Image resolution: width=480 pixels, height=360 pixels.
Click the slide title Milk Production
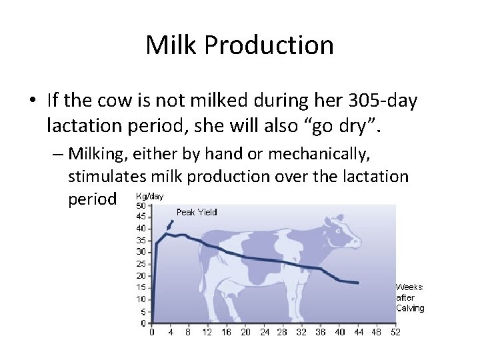[x=239, y=45]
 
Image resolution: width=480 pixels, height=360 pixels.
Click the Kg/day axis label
[x=149, y=197]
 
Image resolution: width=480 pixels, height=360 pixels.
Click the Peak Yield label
[x=197, y=212]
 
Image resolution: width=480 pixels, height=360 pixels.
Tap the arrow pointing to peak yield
[x=169, y=225]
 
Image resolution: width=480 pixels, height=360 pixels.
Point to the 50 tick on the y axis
[x=141, y=205]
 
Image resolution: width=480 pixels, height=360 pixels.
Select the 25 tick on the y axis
[x=141, y=264]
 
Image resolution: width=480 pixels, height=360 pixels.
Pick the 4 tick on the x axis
[x=171, y=332]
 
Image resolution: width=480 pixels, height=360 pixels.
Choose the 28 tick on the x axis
[x=283, y=332]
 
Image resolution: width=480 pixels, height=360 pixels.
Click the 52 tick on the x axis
[x=395, y=332]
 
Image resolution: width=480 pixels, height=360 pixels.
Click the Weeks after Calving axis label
[x=410, y=297]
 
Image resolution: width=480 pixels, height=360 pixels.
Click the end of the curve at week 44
[x=358, y=283]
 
